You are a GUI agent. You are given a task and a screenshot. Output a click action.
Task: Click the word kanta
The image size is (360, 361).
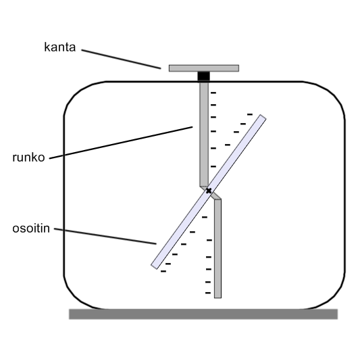pyautogui.click(x=60, y=47)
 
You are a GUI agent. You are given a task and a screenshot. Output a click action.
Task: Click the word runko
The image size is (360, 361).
pyautogui.click(x=28, y=158)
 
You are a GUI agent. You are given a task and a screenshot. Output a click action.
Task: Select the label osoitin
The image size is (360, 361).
pyautogui.click(x=31, y=228)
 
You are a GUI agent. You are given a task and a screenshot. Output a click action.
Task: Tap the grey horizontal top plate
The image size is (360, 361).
pyautogui.click(x=204, y=68)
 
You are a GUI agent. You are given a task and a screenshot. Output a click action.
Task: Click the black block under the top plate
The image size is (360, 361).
pyautogui.click(x=204, y=76)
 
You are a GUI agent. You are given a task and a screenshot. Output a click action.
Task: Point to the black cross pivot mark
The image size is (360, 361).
pyautogui.click(x=209, y=191)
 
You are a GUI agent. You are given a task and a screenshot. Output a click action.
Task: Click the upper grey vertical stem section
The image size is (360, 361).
pyautogui.click(x=204, y=135)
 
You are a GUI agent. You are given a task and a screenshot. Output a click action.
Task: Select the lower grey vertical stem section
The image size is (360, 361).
pyautogui.click(x=218, y=249)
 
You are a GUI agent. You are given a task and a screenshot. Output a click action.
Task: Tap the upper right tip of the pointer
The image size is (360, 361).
pyautogui.click(x=263, y=117)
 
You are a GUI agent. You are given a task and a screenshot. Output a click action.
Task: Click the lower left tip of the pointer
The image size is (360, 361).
pyautogui.click(x=154, y=266)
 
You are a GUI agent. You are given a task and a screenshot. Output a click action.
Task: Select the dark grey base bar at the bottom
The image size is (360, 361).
pyautogui.click(x=203, y=314)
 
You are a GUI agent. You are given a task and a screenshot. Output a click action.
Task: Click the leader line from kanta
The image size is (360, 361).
pyautogui.click(x=121, y=59)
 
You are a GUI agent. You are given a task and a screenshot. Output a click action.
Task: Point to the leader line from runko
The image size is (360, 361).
pyautogui.click(x=121, y=143)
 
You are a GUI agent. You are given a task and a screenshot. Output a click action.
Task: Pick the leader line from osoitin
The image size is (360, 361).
pyautogui.click(x=105, y=236)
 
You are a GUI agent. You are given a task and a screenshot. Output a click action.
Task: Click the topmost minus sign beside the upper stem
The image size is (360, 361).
pyautogui.click(x=213, y=93)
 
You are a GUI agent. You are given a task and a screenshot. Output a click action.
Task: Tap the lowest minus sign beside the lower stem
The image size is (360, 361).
pyautogui.click(x=208, y=293)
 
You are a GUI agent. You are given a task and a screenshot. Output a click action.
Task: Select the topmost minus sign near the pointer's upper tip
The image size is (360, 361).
pyautogui.click(x=250, y=114)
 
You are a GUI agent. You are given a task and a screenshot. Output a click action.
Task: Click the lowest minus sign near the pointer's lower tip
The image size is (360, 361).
pyautogui.click(x=163, y=271)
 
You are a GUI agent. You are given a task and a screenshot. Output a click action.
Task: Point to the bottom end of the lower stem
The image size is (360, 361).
pyautogui.click(x=218, y=298)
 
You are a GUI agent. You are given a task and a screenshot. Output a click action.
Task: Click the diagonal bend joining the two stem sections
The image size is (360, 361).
pyautogui.click(x=211, y=193)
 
